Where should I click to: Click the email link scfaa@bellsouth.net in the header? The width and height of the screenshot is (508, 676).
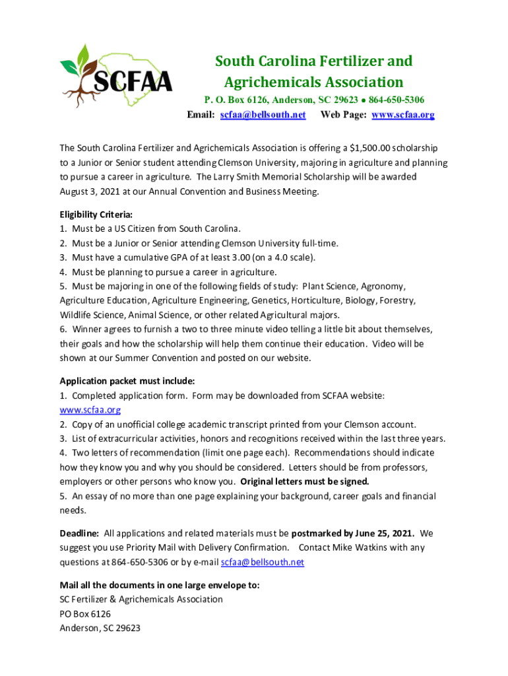[x=263, y=114]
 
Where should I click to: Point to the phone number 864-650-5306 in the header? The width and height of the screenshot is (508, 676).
[x=397, y=100]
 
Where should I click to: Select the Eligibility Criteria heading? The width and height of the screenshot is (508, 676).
[x=96, y=215]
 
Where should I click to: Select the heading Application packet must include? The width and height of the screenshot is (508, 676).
[x=127, y=381]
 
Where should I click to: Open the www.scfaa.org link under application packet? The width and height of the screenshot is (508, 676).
[x=81, y=409]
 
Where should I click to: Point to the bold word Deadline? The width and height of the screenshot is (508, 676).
[x=80, y=533]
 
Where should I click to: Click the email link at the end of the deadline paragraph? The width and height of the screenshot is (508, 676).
[x=263, y=562]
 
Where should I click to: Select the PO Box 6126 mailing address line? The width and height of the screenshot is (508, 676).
[x=85, y=613]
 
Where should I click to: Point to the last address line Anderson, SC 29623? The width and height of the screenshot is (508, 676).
[x=100, y=628]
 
